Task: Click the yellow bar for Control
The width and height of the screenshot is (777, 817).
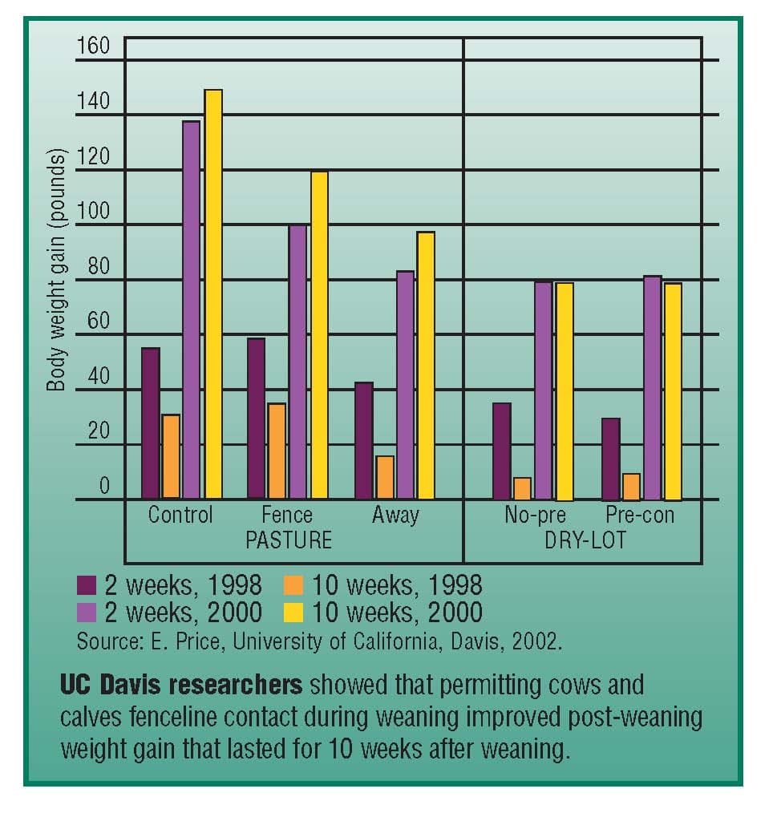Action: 213,294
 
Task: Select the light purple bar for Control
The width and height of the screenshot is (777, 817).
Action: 192,310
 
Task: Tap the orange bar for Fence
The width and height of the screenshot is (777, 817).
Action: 277,451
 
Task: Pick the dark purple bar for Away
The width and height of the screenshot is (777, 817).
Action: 364,440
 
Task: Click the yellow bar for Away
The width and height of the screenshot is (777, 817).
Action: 425,366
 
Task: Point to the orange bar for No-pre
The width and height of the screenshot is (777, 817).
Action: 522,488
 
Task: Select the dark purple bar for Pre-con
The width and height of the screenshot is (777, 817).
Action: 611,459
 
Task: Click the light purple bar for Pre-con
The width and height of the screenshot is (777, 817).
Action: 652,387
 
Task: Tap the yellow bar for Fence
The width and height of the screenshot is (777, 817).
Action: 319,335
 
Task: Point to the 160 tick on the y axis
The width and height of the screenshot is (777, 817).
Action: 93,47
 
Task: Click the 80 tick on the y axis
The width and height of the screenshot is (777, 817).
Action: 98,267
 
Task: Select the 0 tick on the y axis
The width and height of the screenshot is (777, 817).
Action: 103,487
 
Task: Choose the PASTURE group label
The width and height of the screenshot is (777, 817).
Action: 288,540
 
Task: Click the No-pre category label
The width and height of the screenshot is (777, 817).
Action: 535,515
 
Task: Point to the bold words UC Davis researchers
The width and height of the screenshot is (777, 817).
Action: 181,686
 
